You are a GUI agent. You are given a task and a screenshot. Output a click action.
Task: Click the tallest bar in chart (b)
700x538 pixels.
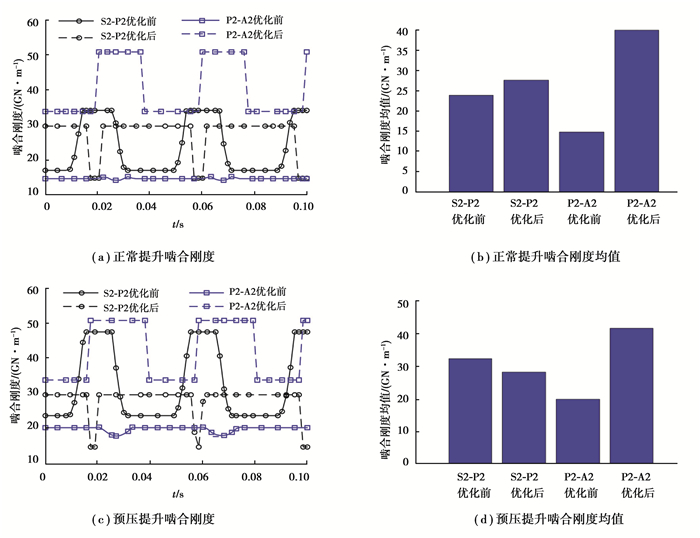[636, 110]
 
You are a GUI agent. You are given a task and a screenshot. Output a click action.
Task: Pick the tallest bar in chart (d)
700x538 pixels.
[636, 395]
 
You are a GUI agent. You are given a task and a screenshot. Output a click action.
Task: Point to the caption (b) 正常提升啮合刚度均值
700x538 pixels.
[545, 256]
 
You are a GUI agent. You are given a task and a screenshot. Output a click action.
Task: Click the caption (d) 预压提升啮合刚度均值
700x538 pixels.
[545, 520]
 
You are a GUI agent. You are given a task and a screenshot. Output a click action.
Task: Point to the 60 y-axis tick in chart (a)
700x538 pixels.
[33, 22]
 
